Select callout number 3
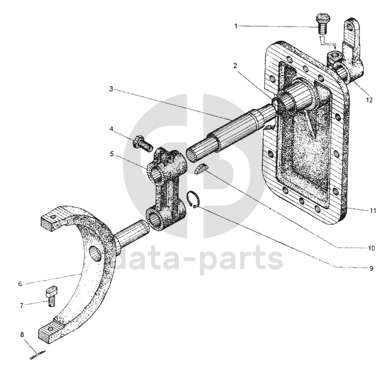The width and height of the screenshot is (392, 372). tap(111, 89)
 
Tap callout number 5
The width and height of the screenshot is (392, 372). tap(112, 154)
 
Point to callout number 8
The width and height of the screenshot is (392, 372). tap(22, 335)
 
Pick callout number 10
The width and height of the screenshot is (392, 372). tap(371, 248)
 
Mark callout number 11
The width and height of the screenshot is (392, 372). tap(373, 210)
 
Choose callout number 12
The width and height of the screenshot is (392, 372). tap(369, 99)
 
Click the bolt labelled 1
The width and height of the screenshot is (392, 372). tap(323, 22)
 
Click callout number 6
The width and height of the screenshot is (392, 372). tap(20, 284)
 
